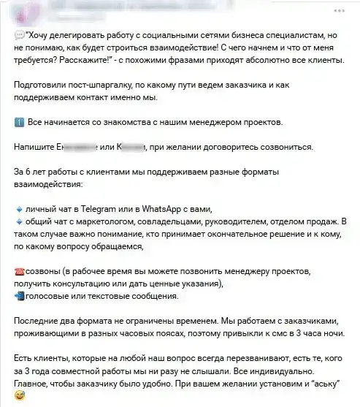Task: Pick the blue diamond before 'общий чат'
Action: (18, 221)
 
